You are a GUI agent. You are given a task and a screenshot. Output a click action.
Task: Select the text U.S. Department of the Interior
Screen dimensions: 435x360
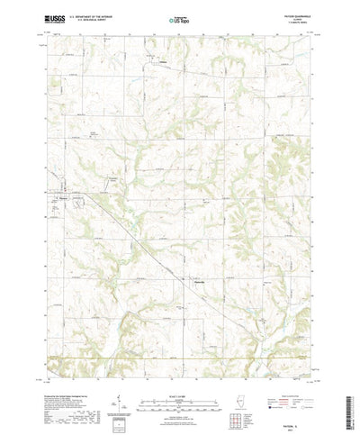pyautogui.click(x=86, y=15)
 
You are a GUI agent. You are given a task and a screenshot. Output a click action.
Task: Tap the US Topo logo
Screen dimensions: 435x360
pyautogui.click(x=179, y=17)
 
